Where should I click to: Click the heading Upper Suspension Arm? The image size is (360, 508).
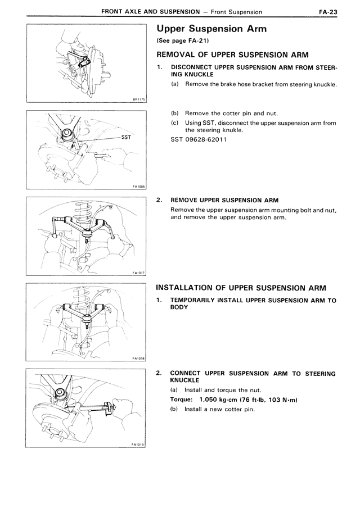pos(211,29)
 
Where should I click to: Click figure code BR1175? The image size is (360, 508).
pos(138,99)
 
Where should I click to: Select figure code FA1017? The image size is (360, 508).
pos(138,273)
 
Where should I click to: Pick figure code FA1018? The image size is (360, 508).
pos(138,358)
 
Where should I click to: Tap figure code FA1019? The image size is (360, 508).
pos(138,444)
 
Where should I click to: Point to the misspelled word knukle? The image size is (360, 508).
pos(231,130)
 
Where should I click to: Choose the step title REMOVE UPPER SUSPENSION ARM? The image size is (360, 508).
pos(224,199)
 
